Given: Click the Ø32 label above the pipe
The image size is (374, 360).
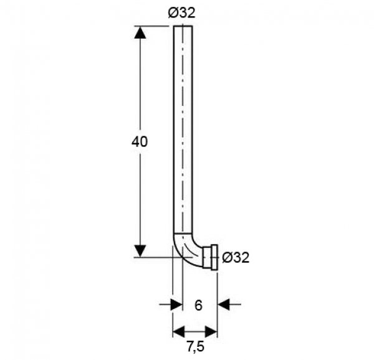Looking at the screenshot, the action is tap(182, 12).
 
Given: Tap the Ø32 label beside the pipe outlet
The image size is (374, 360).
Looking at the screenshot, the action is tap(236, 258).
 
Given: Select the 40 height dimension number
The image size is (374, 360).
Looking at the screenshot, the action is tap(140, 142).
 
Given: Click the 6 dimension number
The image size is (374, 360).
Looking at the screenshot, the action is tap(198, 305).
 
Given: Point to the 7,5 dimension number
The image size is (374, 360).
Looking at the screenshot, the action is tap(196, 347).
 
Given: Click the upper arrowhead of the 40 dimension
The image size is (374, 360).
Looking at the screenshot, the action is tap(140, 32).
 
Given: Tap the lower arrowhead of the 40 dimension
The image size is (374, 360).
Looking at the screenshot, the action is tap(140, 251).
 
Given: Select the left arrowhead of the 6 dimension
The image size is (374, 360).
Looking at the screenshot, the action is tap(177, 304).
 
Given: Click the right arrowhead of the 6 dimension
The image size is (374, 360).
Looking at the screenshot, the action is tap(224, 304).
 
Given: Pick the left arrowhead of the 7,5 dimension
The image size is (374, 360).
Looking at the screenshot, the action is tap(179, 331).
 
